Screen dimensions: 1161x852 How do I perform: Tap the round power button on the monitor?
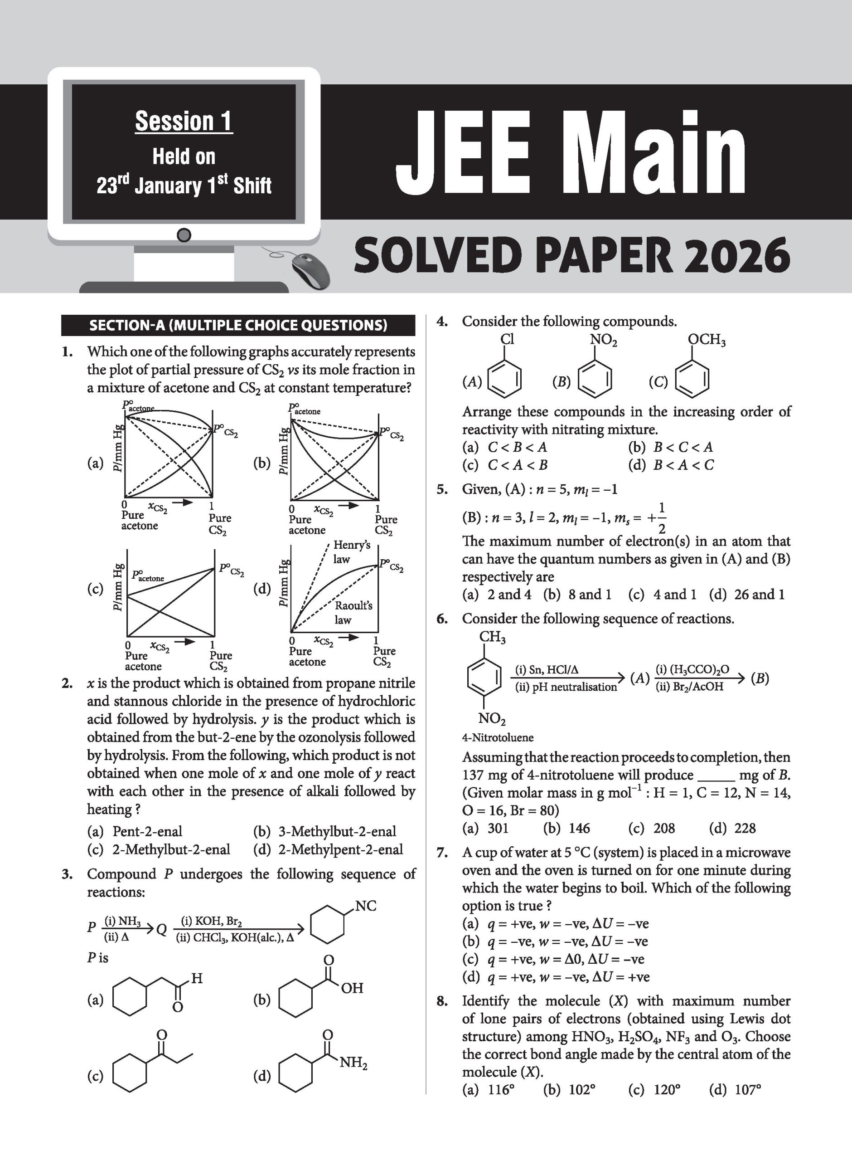click(x=184, y=235)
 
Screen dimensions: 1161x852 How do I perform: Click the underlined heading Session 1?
click(x=184, y=122)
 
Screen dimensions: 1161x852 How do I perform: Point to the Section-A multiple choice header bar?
click(x=238, y=325)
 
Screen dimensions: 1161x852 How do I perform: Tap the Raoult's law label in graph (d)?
click(x=353, y=613)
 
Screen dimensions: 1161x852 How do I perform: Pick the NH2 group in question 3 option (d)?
click(x=353, y=1063)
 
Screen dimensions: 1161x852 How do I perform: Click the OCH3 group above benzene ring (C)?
click(x=707, y=340)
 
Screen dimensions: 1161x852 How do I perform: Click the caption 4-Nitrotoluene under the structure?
click(x=498, y=737)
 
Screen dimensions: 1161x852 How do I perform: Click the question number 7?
click(x=442, y=853)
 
